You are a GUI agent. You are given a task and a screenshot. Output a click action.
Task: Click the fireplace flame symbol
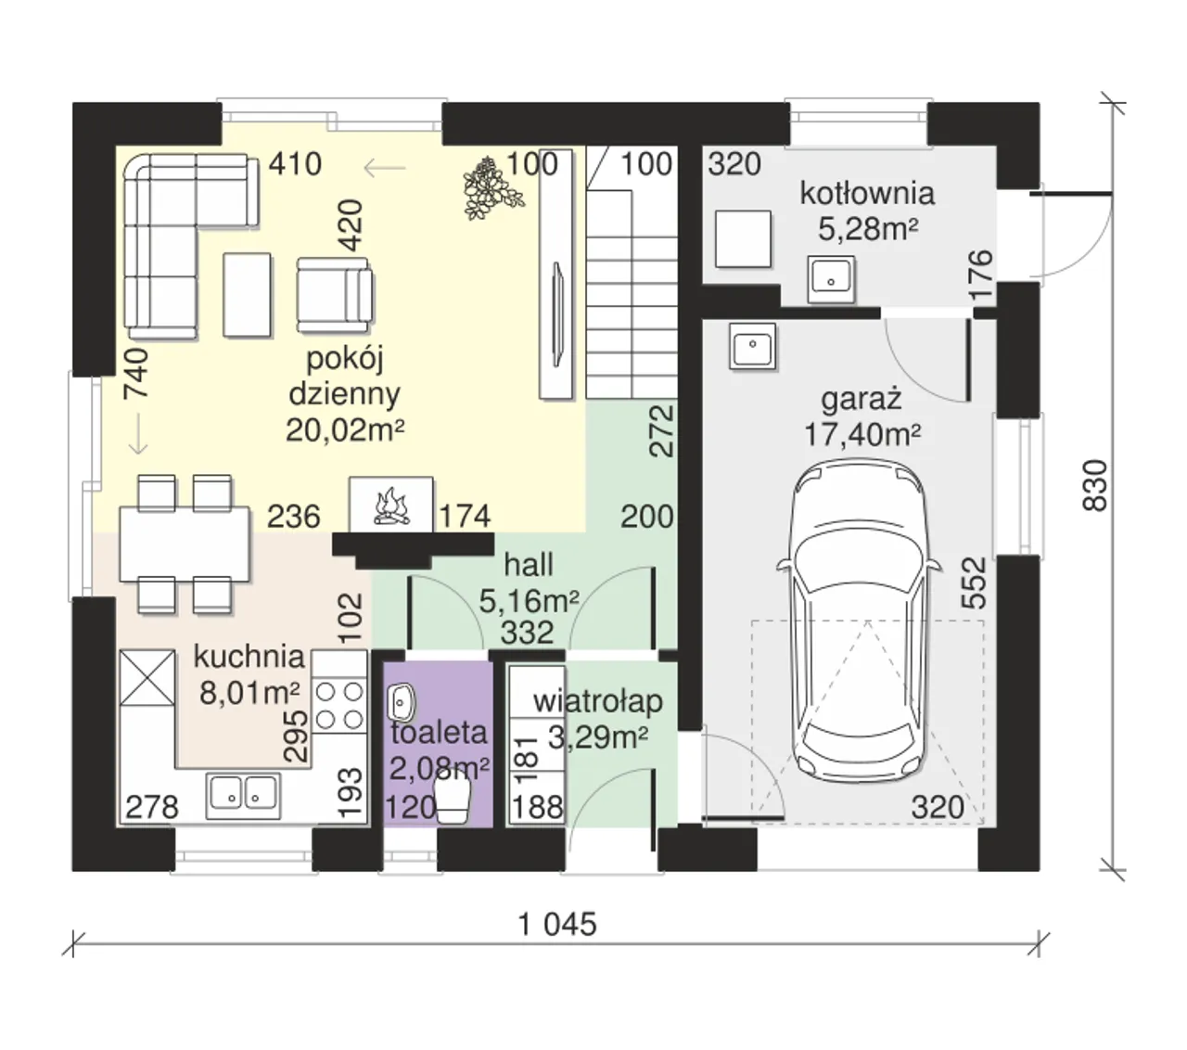(x=391, y=506)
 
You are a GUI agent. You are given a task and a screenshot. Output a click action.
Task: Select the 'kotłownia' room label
(x=866, y=194)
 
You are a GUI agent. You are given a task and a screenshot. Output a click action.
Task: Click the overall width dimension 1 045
(x=557, y=925)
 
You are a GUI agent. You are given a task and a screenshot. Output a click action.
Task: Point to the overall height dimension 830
(x=1095, y=486)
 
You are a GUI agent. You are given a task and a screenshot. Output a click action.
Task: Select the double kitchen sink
(x=243, y=795)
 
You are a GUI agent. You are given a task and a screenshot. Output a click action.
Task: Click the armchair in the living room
(x=334, y=295)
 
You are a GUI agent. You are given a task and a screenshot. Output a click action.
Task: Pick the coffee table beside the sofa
(x=248, y=295)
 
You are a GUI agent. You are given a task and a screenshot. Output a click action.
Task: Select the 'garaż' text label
(x=861, y=400)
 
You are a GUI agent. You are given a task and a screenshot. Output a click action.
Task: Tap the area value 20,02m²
(x=345, y=430)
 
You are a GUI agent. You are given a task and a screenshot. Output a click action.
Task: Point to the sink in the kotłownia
(x=831, y=279)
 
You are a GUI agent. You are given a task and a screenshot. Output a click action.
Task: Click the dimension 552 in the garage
(x=973, y=583)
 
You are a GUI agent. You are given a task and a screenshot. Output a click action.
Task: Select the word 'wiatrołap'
(x=598, y=701)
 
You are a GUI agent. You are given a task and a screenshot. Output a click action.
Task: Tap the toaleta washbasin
(x=401, y=702)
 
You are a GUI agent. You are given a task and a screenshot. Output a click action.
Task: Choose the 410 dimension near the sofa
(x=295, y=164)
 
